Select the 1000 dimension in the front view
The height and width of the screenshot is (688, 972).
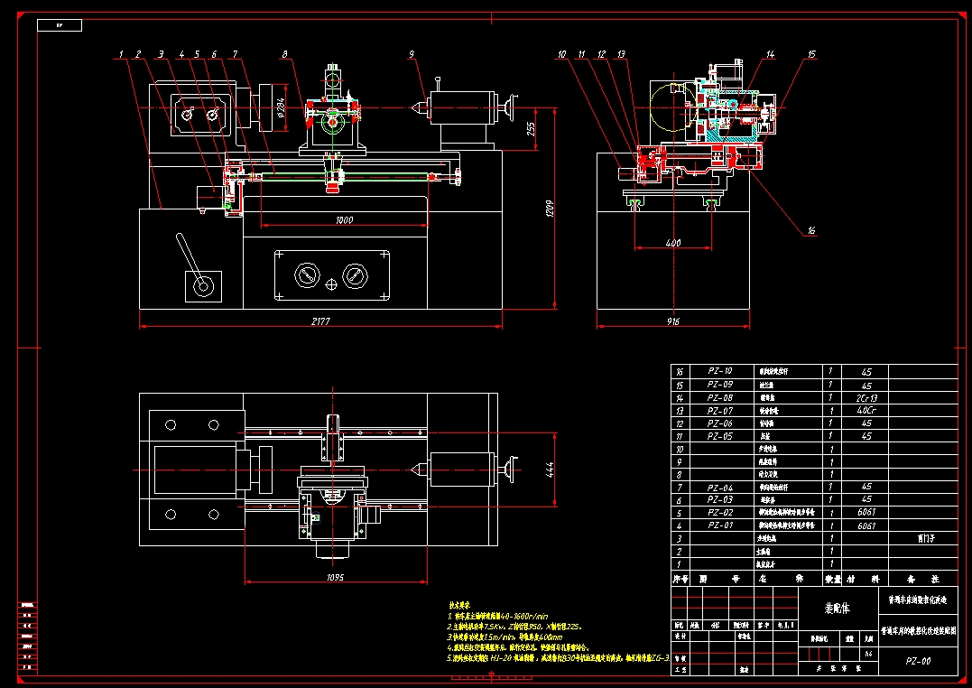(344, 220)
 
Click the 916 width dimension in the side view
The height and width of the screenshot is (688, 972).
(672, 322)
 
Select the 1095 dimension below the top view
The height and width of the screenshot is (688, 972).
(334, 577)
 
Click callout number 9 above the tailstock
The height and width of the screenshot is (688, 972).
(412, 55)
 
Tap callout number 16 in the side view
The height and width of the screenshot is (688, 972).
(810, 231)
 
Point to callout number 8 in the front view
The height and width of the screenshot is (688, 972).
(285, 55)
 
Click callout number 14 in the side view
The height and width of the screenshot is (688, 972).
(770, 55)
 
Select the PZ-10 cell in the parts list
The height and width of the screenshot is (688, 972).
(719, 371)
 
